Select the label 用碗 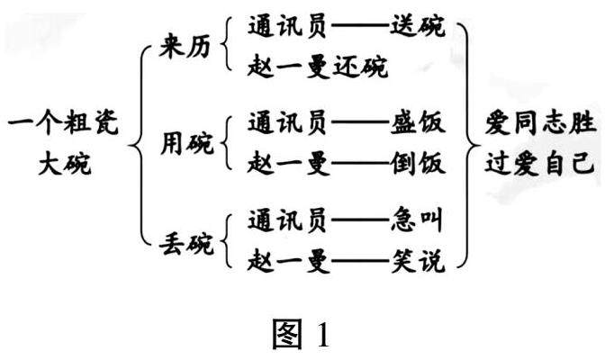(x=185, y=142)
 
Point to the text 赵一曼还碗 (x=319, y=66)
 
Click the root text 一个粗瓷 (x=63, y=121)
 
